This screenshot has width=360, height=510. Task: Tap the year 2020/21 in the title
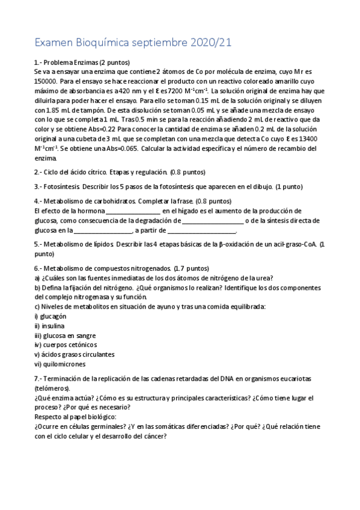211,43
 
